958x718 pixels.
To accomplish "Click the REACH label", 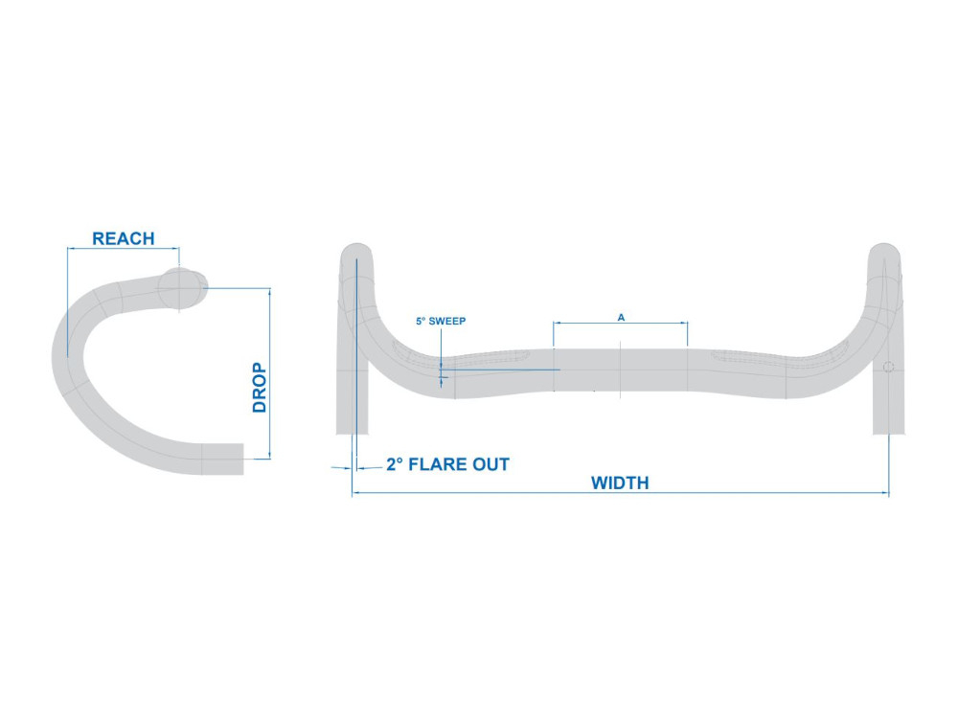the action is coord(123,238).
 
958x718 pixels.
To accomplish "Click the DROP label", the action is coord(260,388).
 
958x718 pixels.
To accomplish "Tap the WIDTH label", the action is coord(620,482).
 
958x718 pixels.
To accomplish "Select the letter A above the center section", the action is coord(621,318).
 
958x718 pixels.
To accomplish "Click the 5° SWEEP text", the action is coord(441,321).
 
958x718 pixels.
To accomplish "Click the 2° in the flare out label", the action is coord(395,464).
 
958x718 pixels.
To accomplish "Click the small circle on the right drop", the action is coord(888,367).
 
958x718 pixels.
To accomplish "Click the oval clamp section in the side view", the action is coord(182,289).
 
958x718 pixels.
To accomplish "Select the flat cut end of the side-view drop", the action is coord(242,459).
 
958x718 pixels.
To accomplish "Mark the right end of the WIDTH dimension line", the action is coord(889,493).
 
